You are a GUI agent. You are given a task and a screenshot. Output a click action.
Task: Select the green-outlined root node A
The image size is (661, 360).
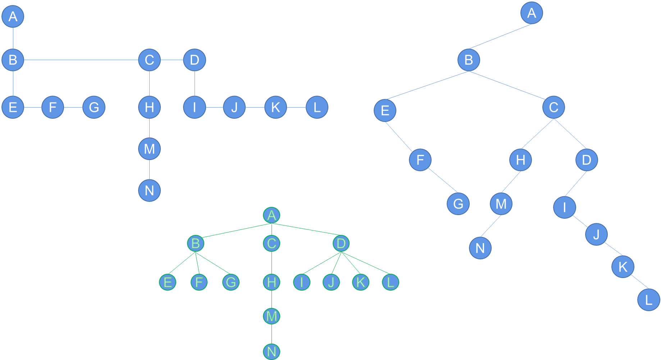(x=272, y=215)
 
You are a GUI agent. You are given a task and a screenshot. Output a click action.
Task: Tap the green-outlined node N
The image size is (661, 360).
(x=272, y=351)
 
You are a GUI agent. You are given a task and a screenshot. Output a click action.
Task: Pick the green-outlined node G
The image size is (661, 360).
(x=231, y=282)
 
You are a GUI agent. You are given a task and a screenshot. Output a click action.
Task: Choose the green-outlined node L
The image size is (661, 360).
(x=390, y=282)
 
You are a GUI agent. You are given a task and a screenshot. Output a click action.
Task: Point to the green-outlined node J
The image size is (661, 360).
(x=331, y=282)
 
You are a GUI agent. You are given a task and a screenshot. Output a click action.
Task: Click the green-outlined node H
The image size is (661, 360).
(x=272, y=282)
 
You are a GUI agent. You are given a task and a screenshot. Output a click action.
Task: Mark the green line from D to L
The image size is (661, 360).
(x=366, y=263)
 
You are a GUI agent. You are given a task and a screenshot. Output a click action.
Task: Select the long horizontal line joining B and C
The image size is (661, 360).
(x=81, y=60)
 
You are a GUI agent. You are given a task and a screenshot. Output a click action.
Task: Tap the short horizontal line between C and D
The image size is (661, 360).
(x=172, y=60)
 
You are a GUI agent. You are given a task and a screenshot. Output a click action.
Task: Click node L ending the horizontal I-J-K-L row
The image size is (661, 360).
(x=317, y=107)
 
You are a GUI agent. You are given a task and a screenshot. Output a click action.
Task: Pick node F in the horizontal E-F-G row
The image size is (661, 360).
(x=53, y=107)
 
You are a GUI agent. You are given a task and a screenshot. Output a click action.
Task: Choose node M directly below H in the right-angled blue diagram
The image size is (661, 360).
(x=149, y=149)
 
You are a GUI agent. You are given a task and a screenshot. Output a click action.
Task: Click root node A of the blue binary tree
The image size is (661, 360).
(x=532, y=13)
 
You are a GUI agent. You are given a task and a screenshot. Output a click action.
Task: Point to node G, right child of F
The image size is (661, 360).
(x=458, y=204)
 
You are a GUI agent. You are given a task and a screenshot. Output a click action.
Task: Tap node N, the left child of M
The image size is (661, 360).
(x=480, y=248)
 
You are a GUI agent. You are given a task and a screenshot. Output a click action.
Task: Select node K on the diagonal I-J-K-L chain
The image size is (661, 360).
(x=623, y=266)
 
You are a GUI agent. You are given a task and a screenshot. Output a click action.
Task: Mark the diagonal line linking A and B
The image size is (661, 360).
(x=500, y=36)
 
